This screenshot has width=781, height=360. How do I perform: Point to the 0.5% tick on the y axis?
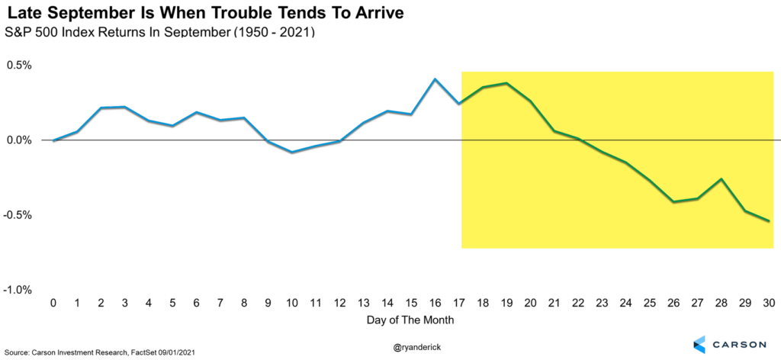[21, 66]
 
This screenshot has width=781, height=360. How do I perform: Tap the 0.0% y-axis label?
[21, 140]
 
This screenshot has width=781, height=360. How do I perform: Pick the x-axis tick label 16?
[435, 303]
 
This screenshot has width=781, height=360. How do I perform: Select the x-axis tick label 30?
[768, 303]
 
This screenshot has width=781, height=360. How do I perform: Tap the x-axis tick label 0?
[53, 303]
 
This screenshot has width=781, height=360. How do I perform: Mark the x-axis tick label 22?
[577, 303]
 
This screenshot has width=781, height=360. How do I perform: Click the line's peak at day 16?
[435, 79]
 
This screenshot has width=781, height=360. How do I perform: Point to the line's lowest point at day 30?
[768, 221]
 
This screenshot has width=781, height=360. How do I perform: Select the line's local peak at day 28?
[721, 179]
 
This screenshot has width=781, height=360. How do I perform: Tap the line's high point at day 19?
[506, 83]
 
